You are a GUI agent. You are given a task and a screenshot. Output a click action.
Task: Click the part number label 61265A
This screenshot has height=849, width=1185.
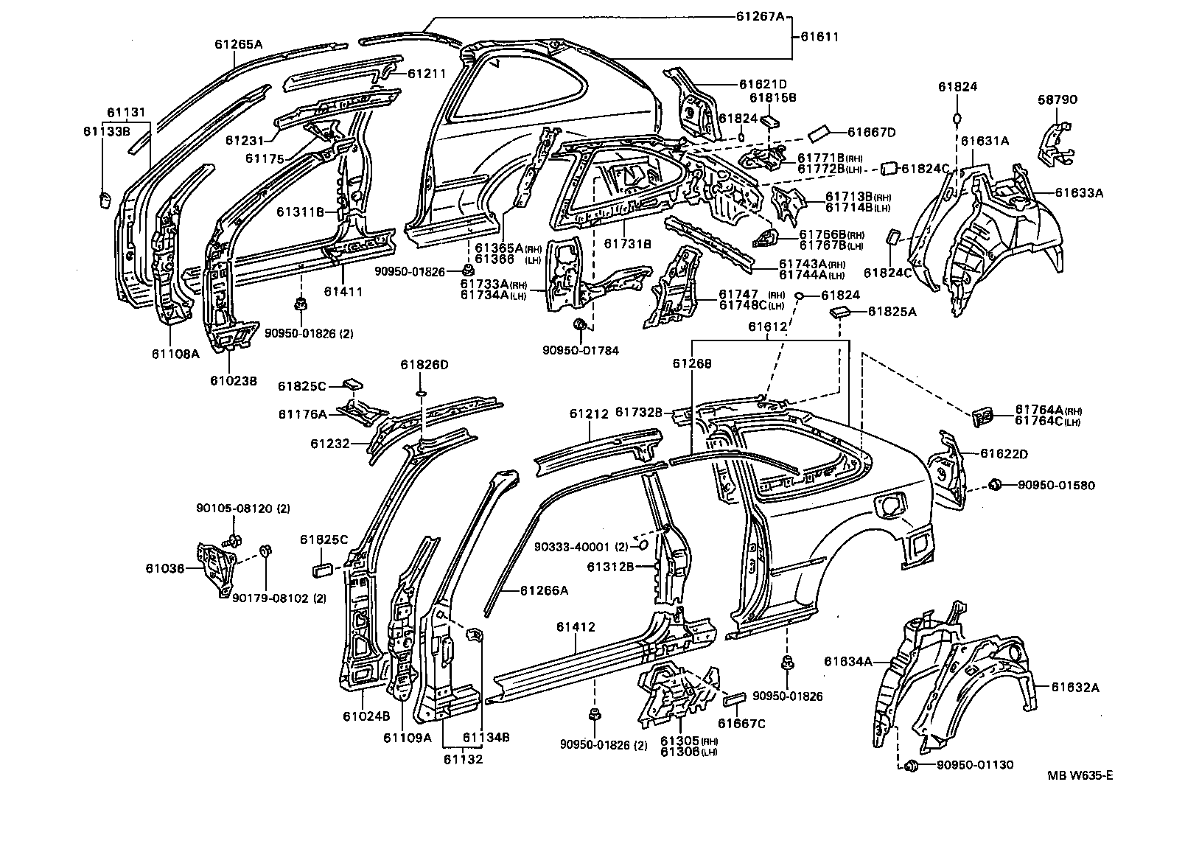239,44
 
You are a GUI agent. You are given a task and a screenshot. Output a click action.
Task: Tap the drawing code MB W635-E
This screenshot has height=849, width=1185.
1080,775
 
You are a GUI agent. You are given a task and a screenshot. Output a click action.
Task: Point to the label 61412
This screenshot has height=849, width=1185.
576,627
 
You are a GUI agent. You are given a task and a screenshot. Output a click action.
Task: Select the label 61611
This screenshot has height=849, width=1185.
819,36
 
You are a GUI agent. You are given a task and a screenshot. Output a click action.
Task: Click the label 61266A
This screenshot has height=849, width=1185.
544,590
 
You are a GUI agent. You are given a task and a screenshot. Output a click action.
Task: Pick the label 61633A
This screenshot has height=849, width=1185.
1079,193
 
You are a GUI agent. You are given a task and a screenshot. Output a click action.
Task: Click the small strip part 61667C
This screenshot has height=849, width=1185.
736,696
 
